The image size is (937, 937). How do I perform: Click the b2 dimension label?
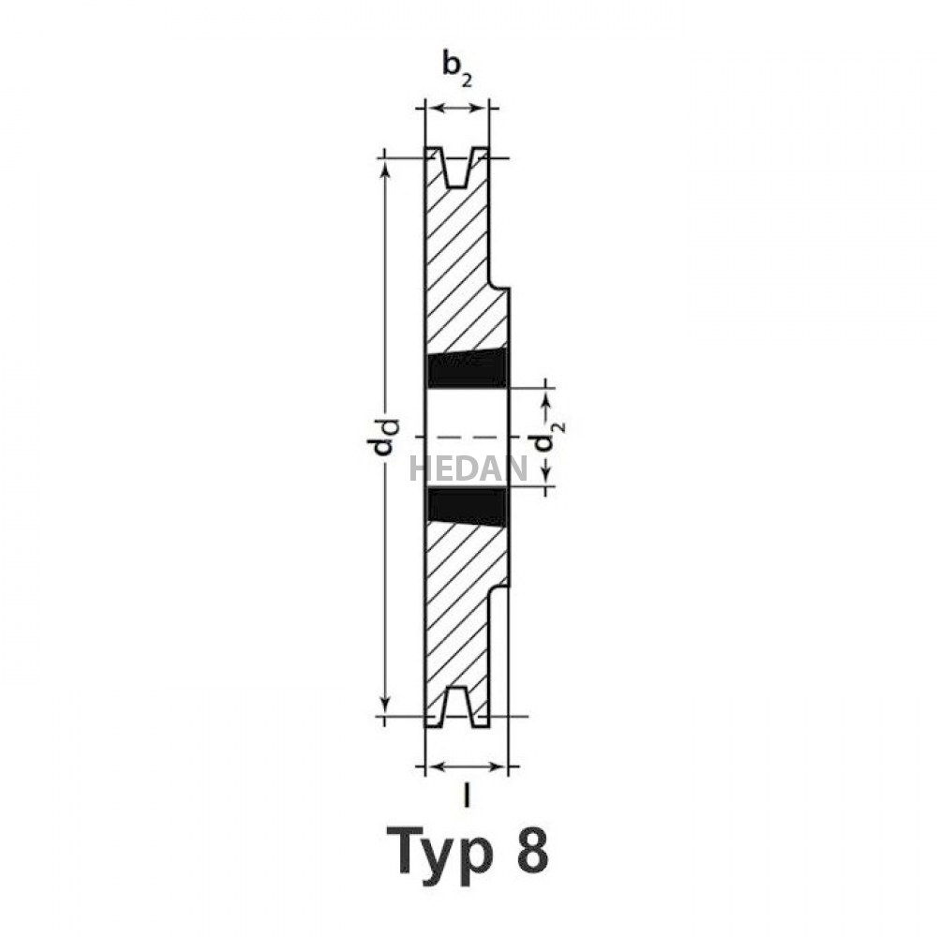[x=457, y=67]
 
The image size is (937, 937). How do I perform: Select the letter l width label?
[x=468, y=795]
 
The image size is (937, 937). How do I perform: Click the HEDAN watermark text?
[x=468, y=468]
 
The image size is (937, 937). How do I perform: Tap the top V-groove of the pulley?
[x=457, y=167]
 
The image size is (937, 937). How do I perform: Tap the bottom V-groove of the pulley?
[x=457, y=706]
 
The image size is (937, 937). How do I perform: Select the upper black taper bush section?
[x=468, y=368]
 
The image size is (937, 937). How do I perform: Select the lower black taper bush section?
[x=468, y=507]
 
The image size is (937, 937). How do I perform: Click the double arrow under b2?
[x=457, y=109]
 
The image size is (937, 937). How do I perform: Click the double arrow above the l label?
[x=468, y=767]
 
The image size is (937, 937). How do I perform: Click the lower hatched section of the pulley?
[x=460, y=610]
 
